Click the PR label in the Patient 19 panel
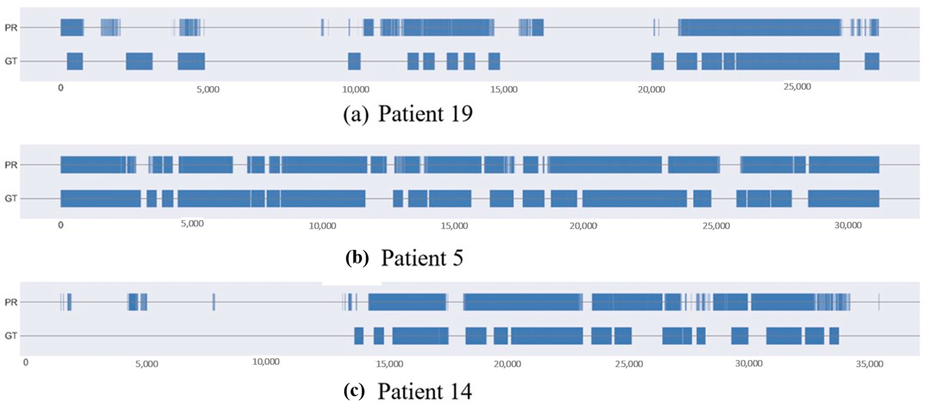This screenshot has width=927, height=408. coord(11,28)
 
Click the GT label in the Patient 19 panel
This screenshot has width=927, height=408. coord(11,61)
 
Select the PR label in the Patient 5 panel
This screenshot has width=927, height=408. coord(11,165)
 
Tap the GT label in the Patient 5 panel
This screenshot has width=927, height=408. coord(11,198)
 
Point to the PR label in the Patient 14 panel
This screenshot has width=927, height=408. coord(11,302)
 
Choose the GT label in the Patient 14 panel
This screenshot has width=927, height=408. coord(11,336)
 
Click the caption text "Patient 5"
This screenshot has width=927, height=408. coord(422,258)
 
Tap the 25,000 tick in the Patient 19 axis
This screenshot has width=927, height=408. coord(797,87)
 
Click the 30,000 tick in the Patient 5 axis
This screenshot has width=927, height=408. coord(848,225)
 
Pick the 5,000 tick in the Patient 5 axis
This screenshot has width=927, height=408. coord(192,224)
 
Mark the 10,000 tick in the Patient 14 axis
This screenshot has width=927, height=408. coord(266,362)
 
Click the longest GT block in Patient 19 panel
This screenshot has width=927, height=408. coord(787,61)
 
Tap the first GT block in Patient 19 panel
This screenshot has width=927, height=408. coord(75,61)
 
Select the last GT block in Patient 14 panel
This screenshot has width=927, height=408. coord(834,336)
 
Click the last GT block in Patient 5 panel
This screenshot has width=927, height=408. coord(843,198)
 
